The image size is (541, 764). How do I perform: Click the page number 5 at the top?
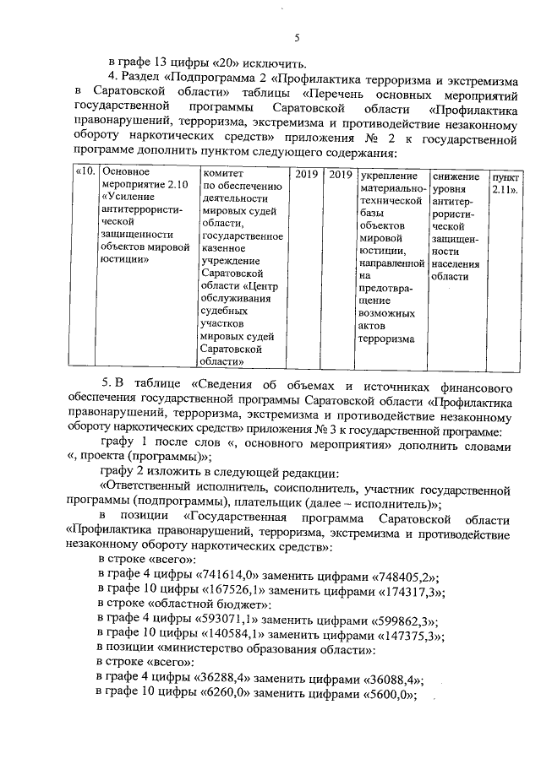296,37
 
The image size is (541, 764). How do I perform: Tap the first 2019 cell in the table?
305,174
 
